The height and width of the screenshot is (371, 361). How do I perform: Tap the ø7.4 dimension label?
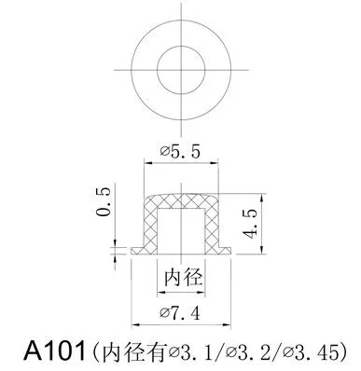click(x=181, y=311)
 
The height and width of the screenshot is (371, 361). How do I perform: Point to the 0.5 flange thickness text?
click(x=104, y=202)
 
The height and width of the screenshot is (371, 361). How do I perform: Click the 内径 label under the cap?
click(x=181, y=278)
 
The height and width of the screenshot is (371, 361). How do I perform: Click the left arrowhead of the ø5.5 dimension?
click(x=146, y=162)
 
